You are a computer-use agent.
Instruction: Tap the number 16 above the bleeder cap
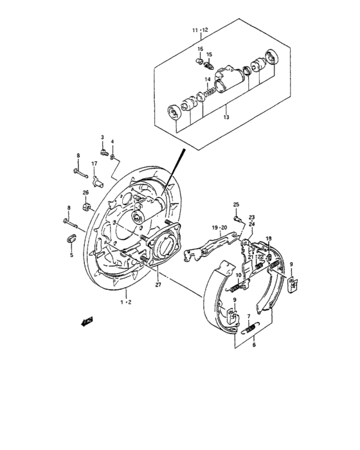200,49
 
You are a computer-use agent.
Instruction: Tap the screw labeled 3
104,152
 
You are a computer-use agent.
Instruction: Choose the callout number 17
94,164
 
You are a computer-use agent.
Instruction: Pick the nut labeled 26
85,206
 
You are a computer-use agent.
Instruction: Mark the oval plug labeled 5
72,240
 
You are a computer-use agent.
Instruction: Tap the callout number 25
236,204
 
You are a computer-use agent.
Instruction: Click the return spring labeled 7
251,328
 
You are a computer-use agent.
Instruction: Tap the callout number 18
269,239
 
